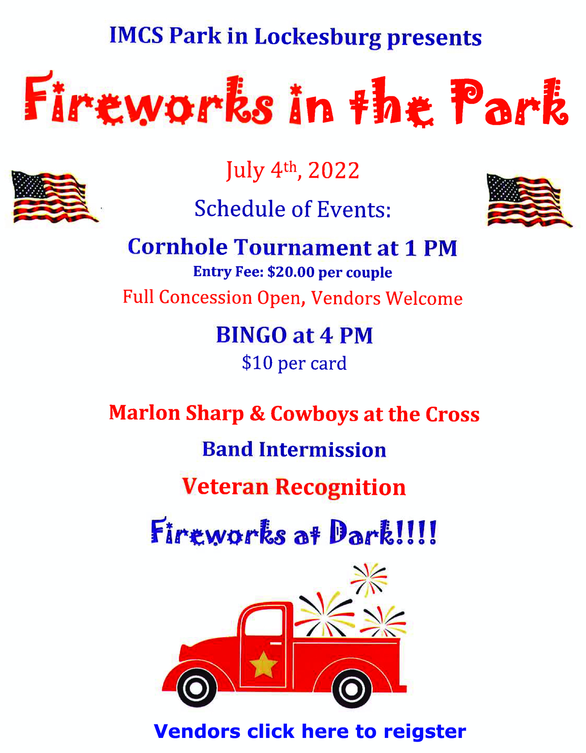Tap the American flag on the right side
[x=529, y=200]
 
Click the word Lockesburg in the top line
[x=318, y=38]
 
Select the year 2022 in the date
[x=334, y=170]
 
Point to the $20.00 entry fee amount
[x=290, y=272]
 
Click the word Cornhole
[x=178, y=247]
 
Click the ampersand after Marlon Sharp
[x=258, y=413]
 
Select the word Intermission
[x=322, y=450]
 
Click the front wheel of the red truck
[x=196, y=688]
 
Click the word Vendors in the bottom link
[x=197, y=731]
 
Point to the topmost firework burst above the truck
[x=369, y=580]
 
